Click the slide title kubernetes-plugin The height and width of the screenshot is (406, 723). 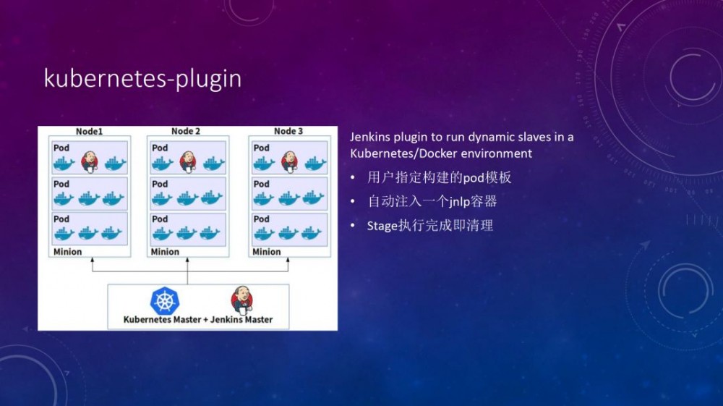click(x=142, y=78)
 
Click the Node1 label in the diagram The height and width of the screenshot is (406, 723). click(x=89, y=131)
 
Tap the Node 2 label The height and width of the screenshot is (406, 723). click(x=186, y=131)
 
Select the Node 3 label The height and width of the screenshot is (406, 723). click(x=288, y=131)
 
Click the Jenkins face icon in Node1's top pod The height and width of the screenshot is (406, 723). click(x=90, y=161)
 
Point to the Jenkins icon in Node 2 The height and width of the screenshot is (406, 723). click(x=188, y=161)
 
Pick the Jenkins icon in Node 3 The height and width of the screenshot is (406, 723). click(x=289, y=161)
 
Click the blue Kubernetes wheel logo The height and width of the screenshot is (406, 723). click(x=164, y=300)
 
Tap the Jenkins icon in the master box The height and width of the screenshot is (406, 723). click(x=241, y=299)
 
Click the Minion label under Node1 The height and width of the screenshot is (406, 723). click(x=67, y=252)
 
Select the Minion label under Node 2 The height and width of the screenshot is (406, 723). click(x=165, y=252)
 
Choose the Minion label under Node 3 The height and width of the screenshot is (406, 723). click(x=266, y=252)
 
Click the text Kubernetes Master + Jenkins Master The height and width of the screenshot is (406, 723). click(x=198, y=319)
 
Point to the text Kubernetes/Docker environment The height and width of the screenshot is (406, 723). click(x=441, y=153)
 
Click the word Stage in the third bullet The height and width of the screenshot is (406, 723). click(x=382, y=226)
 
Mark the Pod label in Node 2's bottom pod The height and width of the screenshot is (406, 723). click(x=160, y=219)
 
